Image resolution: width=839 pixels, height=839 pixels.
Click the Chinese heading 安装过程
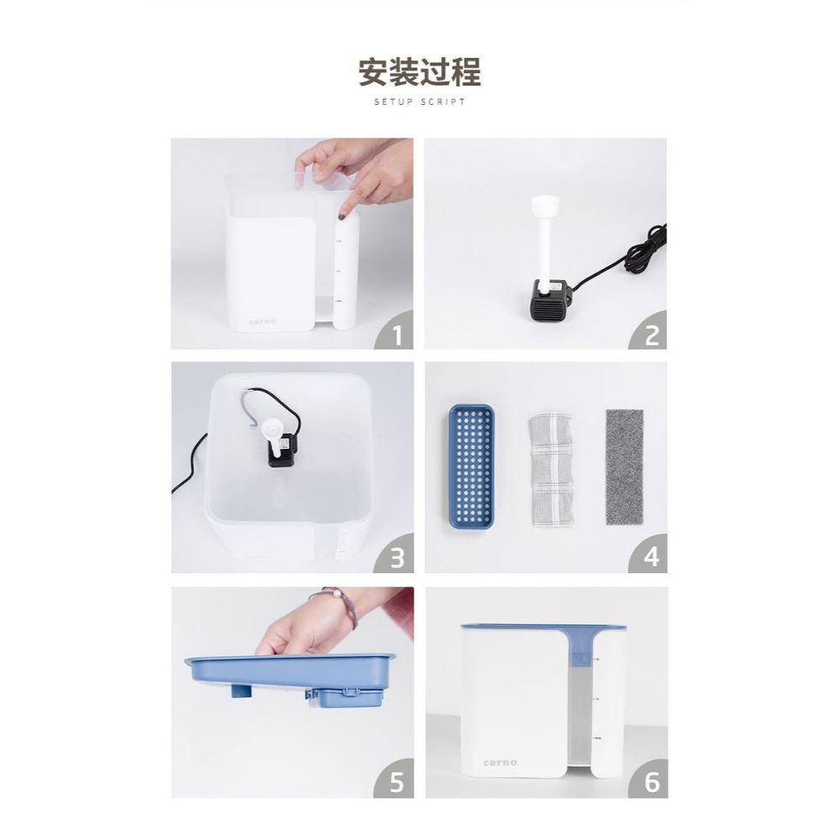(x=419, y=72)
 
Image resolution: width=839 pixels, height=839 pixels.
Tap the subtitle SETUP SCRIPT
(x=419, y=102)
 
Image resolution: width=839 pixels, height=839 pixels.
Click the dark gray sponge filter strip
(x=624, y=466)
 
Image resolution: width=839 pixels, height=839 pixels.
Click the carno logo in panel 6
(x=500, y=763)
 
